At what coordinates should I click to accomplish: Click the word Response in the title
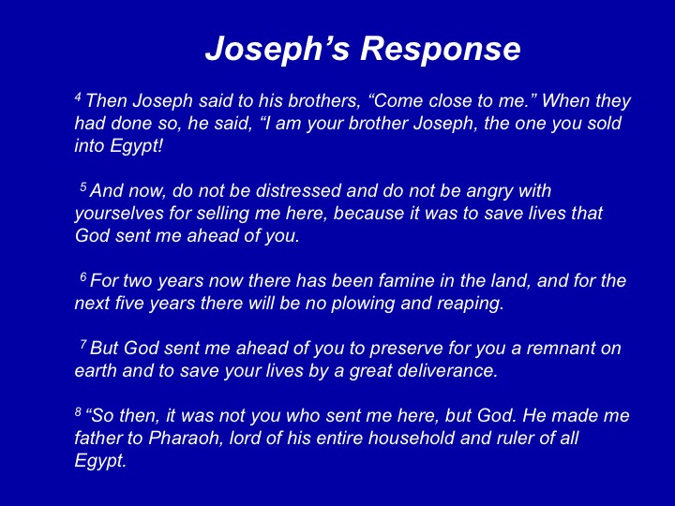pos(441,50)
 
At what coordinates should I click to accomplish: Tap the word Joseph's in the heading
pos(277,48)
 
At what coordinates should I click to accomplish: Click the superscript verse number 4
pos(78,97)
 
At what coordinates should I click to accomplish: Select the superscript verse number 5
pos(83,186)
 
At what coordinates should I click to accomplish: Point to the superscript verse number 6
pos(83,276)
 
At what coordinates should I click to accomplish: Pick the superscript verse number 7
pos(83,344)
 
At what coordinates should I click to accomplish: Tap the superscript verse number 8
pos(78,411)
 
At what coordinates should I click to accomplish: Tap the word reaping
pos(471,305)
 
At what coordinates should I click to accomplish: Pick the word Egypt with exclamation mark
pos(119,147)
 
